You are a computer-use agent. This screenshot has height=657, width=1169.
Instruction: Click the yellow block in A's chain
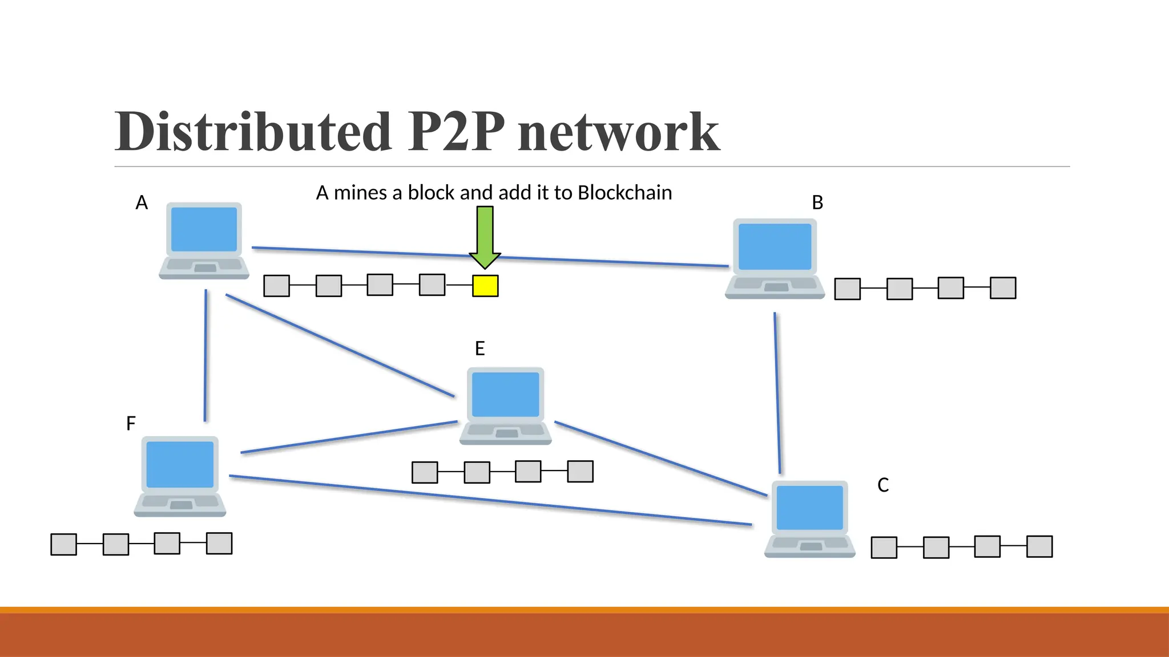click(485, 286)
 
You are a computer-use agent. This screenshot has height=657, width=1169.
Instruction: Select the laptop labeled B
click(775, 258)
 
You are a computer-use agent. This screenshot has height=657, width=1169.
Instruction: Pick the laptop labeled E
click(505, 405)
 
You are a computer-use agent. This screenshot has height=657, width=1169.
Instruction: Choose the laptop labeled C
click(809, 518)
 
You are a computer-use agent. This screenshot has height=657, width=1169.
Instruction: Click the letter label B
click(817, 202)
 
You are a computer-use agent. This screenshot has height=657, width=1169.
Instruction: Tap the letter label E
click(479, 348)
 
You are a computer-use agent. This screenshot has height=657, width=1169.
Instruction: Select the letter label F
click(131, 424)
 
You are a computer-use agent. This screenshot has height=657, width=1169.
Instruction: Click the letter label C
click(882, 485)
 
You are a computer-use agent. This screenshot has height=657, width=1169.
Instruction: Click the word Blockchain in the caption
click(624, 193)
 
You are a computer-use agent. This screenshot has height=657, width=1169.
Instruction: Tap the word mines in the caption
click(360, 193)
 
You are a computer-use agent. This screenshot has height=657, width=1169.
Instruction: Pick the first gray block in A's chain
click(277, 286)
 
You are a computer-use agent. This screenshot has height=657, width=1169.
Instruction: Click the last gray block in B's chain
click(1003, 288)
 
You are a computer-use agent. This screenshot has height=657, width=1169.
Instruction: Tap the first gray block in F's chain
click(64, 544)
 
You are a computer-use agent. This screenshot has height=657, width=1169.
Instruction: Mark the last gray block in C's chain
click(1039, 546)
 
